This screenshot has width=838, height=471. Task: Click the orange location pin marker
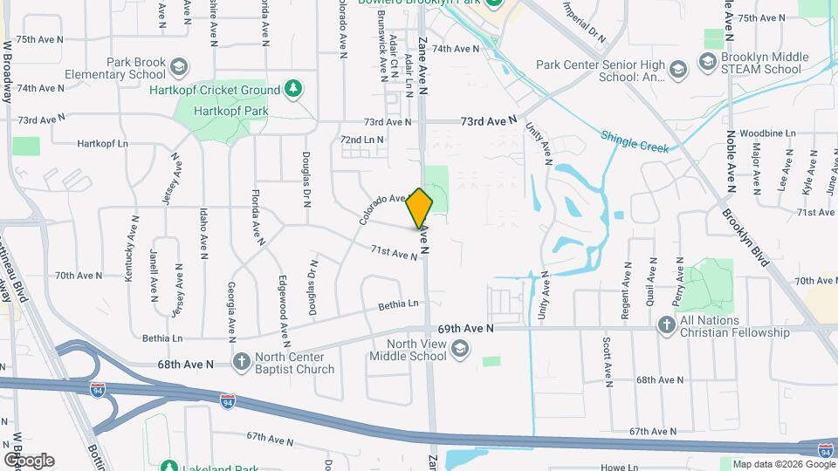[x=420, y=208]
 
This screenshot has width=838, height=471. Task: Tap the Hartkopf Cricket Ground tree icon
[x=294, y=89]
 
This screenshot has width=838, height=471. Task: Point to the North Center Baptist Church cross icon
[x=241, y=362]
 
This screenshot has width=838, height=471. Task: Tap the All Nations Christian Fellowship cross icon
[x=666, y=325]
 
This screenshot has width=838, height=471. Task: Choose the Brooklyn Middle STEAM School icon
[x=706, y=62]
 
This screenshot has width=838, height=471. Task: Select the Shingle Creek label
[x=635, y=141]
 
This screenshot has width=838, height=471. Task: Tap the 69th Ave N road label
[x=466, y=329]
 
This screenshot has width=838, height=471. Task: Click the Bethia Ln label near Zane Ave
[x=398, y=305]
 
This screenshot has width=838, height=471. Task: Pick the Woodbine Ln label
[x=767, y=133]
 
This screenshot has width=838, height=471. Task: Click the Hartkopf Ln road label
[x=102, y=143]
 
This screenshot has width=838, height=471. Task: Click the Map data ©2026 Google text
[x=772, y=463]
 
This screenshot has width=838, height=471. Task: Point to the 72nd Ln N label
[x=362, y=140]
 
